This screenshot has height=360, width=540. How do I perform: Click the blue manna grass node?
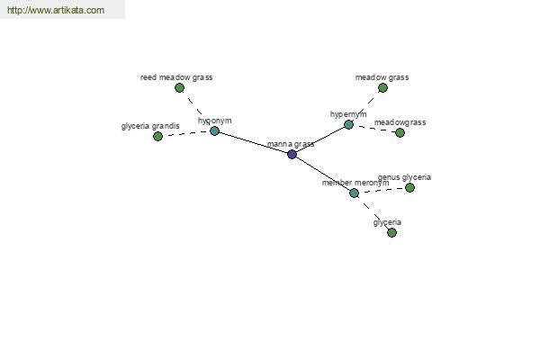coord(292,154)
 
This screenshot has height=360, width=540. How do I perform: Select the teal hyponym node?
coord(214,130)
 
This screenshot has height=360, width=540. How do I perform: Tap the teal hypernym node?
coord(349,124)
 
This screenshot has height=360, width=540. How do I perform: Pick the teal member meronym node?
coord(354,193)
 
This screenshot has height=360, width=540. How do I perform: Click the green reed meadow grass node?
coord(179,88)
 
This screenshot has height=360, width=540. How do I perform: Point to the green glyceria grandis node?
coord(157,137)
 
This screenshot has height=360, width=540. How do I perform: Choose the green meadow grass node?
coord(382,88)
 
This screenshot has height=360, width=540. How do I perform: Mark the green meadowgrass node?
coord(400,132)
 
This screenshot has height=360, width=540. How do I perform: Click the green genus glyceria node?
coord(409,187)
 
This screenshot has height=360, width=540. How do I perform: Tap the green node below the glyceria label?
coord(391,232)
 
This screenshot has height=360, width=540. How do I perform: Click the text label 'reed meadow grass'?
coord(176,77)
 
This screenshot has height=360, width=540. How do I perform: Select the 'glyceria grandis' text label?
coord(150,126)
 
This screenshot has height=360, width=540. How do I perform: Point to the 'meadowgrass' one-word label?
coord(400,122)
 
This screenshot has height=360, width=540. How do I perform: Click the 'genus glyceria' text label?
coord(404,177)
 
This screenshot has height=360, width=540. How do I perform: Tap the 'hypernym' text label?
coord(348,114)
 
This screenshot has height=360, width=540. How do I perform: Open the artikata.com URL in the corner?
coord(56,10)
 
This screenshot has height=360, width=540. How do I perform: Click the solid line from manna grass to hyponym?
coord(253,142)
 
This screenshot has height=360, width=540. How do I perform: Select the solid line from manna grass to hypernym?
coord(320,139)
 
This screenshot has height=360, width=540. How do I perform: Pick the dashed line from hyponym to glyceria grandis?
coord(186,133)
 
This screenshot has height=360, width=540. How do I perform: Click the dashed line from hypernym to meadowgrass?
coord(374,129)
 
